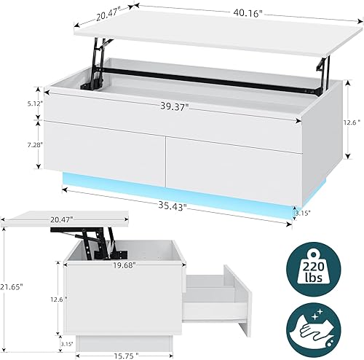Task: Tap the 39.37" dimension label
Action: coord(175,106)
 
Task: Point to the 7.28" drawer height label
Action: coord(33,146)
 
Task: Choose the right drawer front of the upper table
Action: coord(233,162)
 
